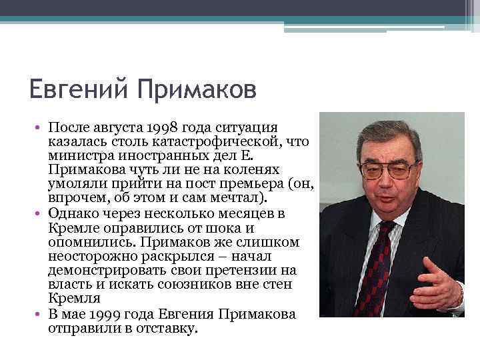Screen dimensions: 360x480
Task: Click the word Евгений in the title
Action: pos(77,89)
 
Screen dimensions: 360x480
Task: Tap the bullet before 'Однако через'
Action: pos(40,213)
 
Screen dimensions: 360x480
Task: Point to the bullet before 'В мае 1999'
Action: pos(40,314)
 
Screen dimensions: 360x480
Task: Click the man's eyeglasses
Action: pos(388,169)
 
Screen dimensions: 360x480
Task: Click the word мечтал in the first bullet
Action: pos(239,198)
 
